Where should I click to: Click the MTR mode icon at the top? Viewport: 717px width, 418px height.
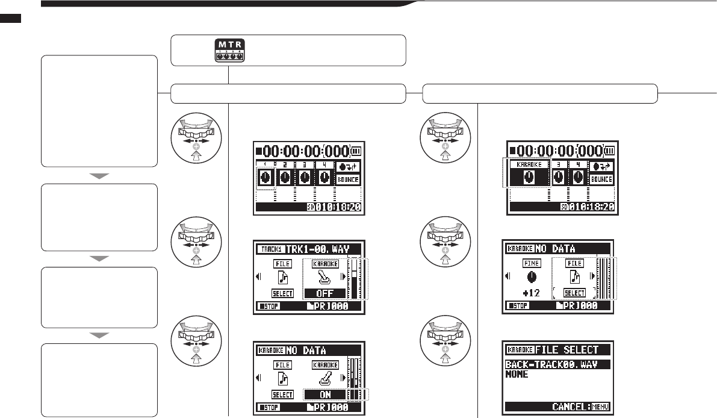point(228,51)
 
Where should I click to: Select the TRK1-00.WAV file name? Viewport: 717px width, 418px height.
point(323,249)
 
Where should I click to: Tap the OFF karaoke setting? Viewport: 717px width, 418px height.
point(325,293)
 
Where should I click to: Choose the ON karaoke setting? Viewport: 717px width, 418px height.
point(325,395)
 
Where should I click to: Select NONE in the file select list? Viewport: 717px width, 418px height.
point(517,375)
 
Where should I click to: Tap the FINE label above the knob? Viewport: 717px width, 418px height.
point(531,263)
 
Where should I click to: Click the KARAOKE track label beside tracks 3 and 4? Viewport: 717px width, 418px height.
point(529,164)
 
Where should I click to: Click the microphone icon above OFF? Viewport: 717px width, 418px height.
point(325,279)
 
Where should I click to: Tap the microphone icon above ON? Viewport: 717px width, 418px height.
point(325,380)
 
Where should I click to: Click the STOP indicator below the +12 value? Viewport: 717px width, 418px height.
point(515,306)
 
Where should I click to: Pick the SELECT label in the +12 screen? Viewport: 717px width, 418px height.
point(574,293)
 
